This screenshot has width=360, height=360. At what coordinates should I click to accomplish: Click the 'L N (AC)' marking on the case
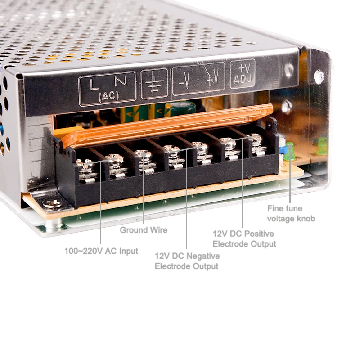click(x=107, y=89)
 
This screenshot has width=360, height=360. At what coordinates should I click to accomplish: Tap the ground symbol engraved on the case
click(x=154, y=83)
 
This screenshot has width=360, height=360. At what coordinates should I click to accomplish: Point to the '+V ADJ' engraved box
click(x=243, y=73)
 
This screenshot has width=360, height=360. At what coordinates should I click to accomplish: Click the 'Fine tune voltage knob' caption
click(x=291, y=213)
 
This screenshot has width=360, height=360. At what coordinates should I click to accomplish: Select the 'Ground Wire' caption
click(x=144, y=230)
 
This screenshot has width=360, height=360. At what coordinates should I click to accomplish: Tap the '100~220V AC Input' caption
click(x=101, y=251)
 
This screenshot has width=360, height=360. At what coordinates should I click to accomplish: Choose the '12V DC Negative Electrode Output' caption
click(x=187, y=261)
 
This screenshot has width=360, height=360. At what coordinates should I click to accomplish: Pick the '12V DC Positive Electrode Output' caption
click(x=244, y=239)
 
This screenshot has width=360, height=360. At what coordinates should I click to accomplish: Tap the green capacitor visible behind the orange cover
click(x=180, y=108)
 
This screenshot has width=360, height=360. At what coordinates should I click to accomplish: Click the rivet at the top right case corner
click(x=319, y=76)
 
